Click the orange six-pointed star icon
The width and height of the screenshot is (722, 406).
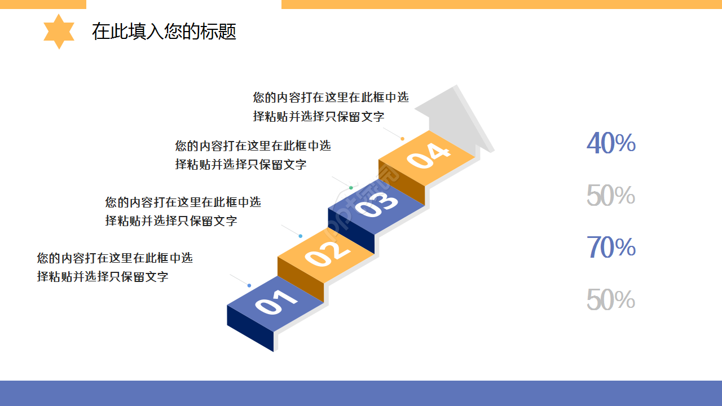(x=59, y=32)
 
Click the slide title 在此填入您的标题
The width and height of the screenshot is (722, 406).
(x=164, y=32)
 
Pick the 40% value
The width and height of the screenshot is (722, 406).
(x=611, y=143)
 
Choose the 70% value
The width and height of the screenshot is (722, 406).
(x=611, y=248)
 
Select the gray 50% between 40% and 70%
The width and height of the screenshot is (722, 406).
(x=611, y=196)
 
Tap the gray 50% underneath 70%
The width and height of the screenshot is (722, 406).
(x=611, y=299)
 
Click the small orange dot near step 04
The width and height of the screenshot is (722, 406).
(x=402, y=139)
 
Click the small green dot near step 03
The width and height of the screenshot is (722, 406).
(x=351, y=187)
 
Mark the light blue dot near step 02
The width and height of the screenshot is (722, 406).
(x=300, y=236)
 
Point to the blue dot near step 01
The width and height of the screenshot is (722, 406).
(x=249, y=285)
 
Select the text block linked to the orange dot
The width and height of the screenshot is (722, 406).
(x=331, y=107)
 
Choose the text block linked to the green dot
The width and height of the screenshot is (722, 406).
(x=253, y=155)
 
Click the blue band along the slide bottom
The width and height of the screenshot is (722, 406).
(x=361, y=393)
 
